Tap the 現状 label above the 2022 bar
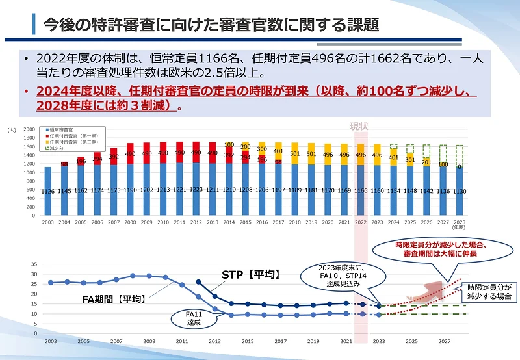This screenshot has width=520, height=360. tap(359, 125)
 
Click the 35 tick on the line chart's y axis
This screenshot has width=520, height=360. tap(34, 264)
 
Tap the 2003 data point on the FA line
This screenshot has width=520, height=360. tap(51, 283)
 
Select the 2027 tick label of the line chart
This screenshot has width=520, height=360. tap(445, 341)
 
